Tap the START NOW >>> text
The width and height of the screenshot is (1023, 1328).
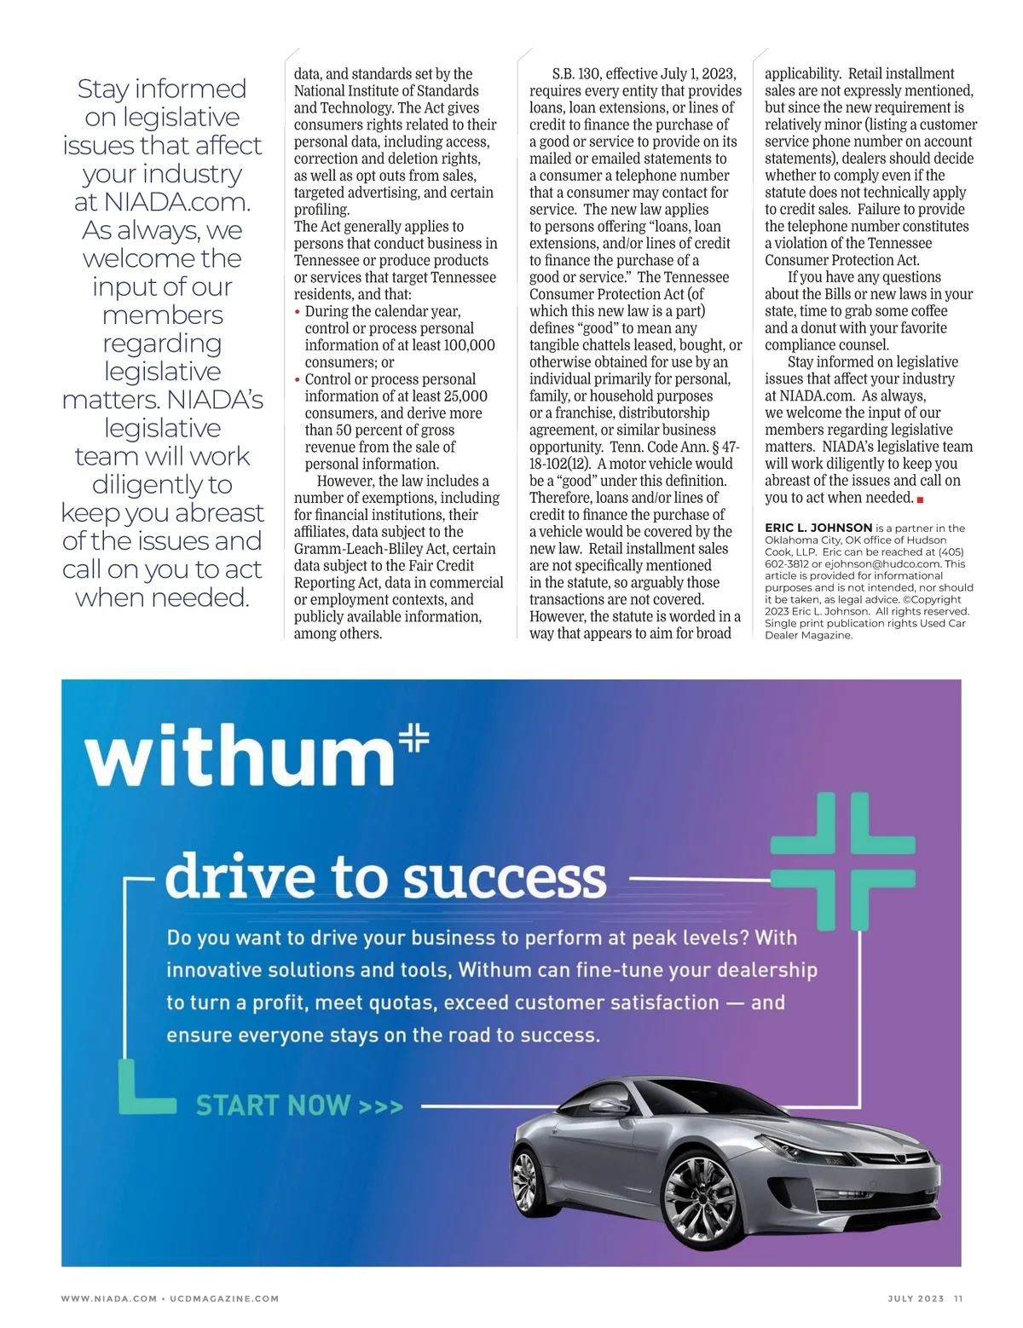click(298, 1106)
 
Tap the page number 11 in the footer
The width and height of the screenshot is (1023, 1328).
click(958, 1298)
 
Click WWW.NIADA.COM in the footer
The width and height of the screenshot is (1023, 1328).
click(108, 1298)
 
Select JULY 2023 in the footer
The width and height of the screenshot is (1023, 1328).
click(916, 1298)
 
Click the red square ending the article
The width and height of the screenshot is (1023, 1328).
click(920, 499)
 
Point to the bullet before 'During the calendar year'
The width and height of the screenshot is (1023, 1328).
click(298, 312)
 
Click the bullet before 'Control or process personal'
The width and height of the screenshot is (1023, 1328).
click(298, 380)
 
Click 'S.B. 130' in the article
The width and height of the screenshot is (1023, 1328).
click(575, 74)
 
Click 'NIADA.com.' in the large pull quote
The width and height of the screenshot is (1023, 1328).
click(177, 202)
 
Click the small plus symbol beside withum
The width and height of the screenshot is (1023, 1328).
click(414, 737)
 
